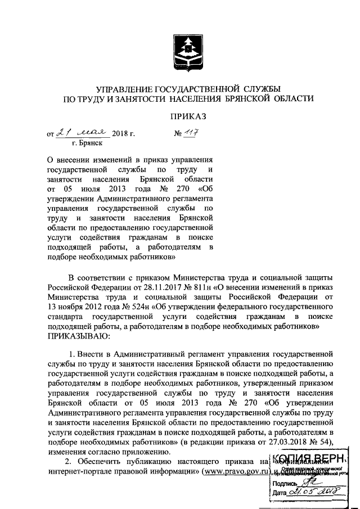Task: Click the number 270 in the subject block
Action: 154,189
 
